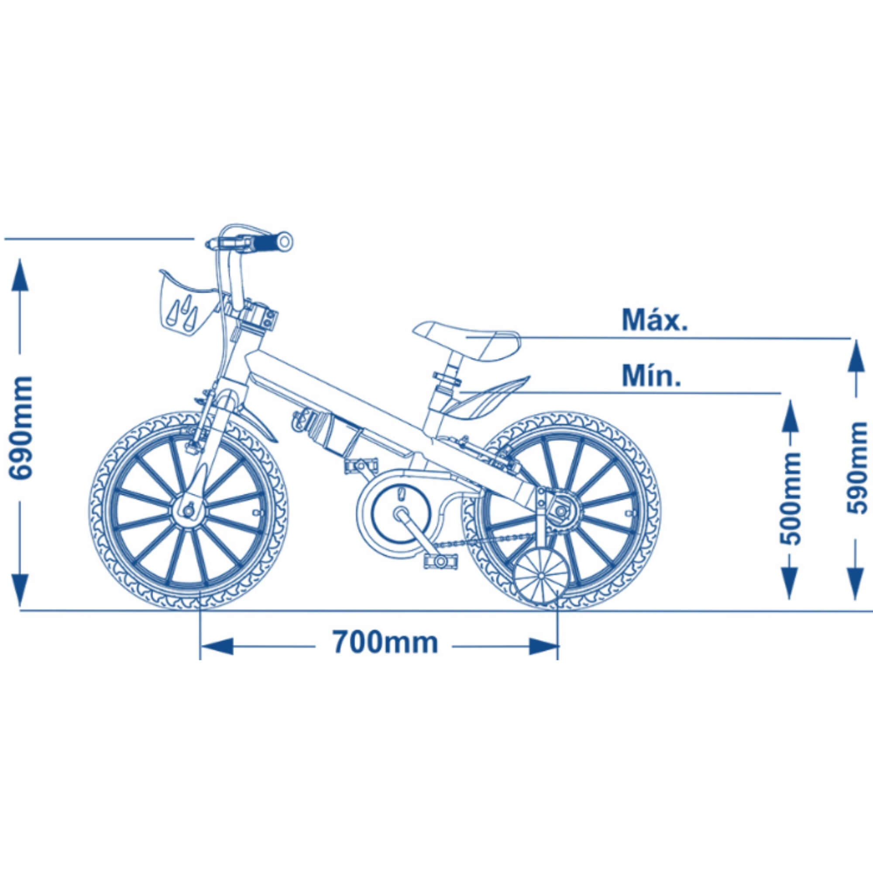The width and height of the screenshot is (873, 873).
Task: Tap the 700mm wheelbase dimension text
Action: tap(385, 642)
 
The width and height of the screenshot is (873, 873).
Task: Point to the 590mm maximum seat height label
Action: tap(856, 467)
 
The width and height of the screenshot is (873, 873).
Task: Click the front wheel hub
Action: tap(188, 511)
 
